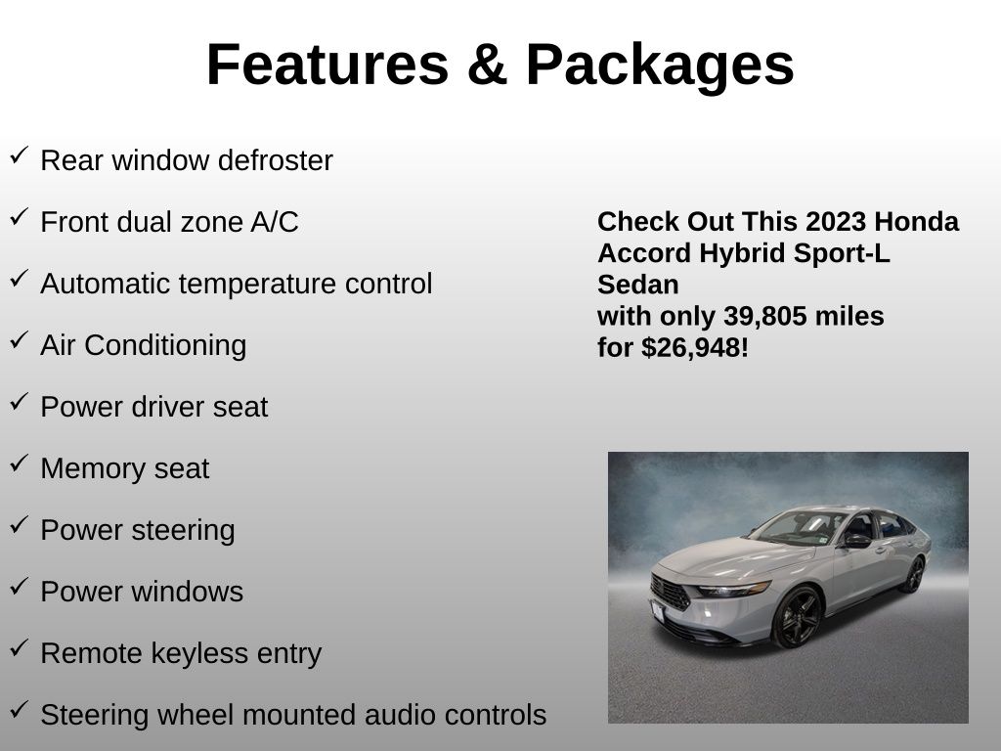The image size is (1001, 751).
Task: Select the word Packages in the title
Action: pos(660,67)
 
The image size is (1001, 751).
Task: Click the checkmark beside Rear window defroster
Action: pos(20,155)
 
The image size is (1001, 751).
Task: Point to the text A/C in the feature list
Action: pos(274,222)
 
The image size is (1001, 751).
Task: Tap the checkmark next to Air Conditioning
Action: pos(20,339)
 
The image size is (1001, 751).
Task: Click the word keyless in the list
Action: pos(195,654)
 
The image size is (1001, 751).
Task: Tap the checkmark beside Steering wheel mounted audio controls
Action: pos(20,710)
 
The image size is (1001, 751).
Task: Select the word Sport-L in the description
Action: pos(842,254)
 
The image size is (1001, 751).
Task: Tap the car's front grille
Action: pos(670,592)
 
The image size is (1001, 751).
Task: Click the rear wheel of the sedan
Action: pos(914,575)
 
